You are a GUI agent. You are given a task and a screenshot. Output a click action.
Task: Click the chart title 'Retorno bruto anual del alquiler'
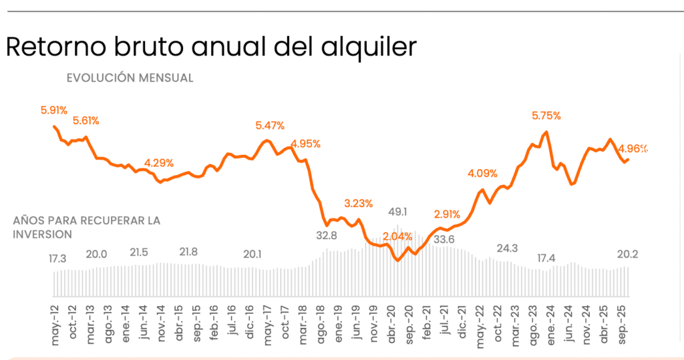pyautogui.click(x=211, y=47)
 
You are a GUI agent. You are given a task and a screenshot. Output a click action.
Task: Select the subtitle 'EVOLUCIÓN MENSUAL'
pyautogui.click(x=130, y=78)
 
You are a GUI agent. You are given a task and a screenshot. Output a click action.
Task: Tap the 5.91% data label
pyautogui.click(x=54, y=110)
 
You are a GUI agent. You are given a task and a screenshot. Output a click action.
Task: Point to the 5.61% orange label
pyautogui.click(x=86, y=121)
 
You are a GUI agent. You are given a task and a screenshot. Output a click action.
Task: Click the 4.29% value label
pyautogui.click(x=159, y=163)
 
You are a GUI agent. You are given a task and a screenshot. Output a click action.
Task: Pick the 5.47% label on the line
pyautogui.click(x=270, y=126)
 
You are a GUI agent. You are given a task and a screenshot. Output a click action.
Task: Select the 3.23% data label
pyautogui.click(x=359, y=202)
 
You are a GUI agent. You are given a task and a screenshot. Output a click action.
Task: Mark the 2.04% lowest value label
pyautogui.click(x=397, y=236)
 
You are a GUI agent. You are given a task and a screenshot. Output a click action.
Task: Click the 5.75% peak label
pyautogui.click(x=546, y=116)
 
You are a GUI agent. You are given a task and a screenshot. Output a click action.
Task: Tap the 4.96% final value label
pyautogui.click(x=633, y=148)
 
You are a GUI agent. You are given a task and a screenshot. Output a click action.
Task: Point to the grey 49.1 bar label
pyautogui.click(x=399, y=212)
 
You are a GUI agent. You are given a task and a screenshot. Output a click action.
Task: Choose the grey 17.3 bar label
pyautogui.click(x=58, y=258)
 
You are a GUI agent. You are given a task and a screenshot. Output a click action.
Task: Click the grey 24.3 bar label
pyautogui.click(x=508, y=248)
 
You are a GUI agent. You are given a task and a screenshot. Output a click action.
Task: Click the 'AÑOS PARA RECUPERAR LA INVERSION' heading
pyautogui.click(x=87, y=227)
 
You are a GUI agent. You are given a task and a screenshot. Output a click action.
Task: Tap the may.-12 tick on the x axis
pyautogui.click(x=55, y=328)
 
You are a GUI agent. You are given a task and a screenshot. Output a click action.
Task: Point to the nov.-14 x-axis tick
pyautogui.click(x=161, y=328)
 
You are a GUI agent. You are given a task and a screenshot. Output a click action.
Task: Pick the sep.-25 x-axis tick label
pyautogui.click(x=625, y=328)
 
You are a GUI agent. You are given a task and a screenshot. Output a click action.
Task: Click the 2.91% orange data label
pyautogui.click(x=446, y=214)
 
